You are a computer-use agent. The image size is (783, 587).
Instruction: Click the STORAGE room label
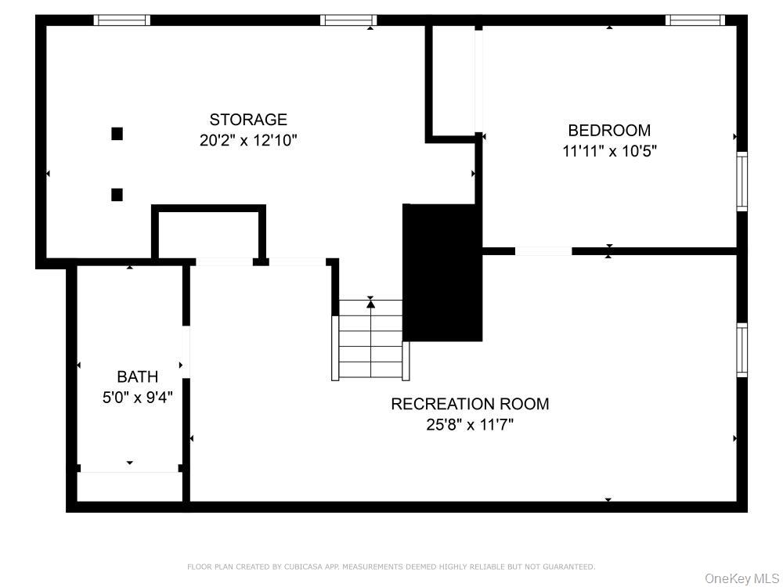(248, 120)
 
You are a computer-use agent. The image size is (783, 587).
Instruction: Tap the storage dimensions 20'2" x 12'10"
(248, 141)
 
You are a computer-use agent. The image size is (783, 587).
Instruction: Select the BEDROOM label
(609, 130)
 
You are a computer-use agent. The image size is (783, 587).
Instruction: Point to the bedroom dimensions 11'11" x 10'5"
(609, 151)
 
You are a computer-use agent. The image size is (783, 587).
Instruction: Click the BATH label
(137, 376)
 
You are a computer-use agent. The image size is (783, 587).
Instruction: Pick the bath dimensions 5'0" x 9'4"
(137, 398)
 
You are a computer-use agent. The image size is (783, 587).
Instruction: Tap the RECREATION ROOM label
(470, 404)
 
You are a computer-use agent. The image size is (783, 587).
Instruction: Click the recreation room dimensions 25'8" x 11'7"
(470, 425)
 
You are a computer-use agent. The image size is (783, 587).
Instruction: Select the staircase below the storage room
(370, 340)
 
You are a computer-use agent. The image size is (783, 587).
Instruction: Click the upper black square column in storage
(117, 134)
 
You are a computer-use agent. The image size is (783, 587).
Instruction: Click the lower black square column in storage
(117, 195)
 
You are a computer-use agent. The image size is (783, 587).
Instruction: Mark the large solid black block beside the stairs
(442, 272)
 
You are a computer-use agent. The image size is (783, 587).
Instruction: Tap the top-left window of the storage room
(121, 20)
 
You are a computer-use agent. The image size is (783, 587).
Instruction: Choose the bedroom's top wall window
(695, 20)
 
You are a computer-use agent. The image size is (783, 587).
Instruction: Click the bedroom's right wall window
(742, 182)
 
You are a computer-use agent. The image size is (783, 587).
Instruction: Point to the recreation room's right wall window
(742, 350)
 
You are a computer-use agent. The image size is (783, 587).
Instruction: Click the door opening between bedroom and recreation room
(543, 251)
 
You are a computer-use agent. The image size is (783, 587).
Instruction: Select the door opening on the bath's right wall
(186, 351)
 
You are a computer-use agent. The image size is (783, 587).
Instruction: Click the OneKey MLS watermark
(742, 578)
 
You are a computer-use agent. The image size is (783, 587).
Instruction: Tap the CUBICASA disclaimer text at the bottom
(391, 567)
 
